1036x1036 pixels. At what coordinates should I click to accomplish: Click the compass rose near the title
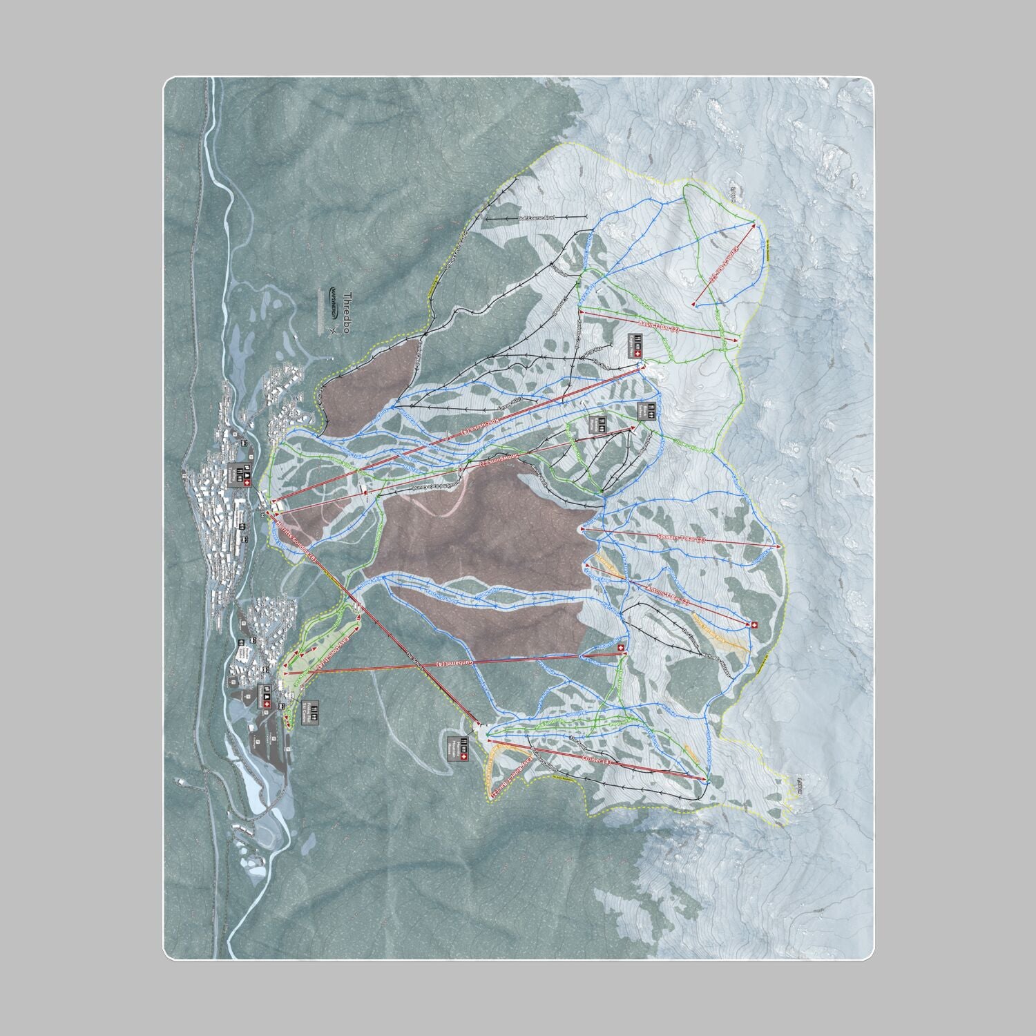coord(333,331)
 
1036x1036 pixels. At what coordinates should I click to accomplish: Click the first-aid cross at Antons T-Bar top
coord(754,625)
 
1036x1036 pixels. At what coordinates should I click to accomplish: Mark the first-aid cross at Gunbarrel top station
coord(620,648)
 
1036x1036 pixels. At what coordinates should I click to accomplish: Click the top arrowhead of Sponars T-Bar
coord(779,546)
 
